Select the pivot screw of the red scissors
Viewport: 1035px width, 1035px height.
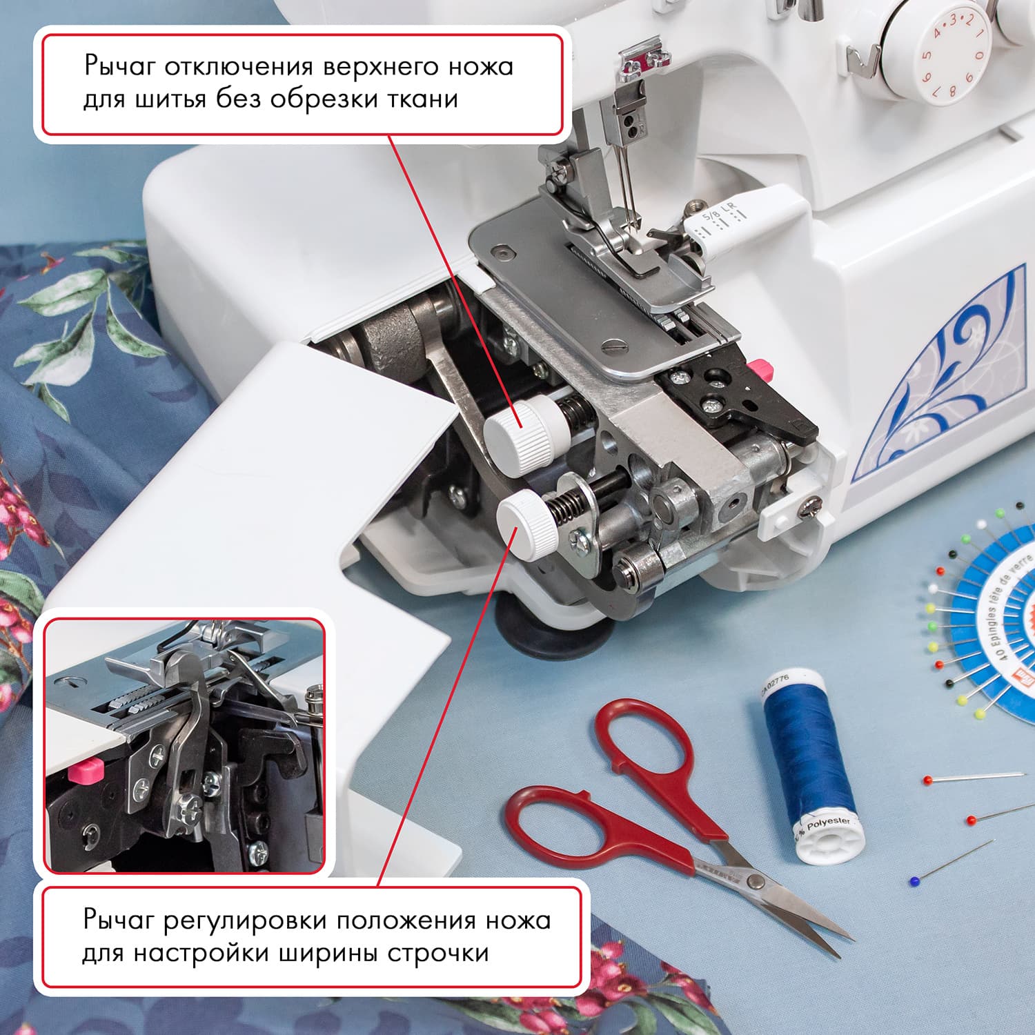[757, 880]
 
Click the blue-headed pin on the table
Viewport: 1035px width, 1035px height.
[915, 881]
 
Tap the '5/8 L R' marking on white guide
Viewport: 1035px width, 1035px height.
[718, 214]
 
